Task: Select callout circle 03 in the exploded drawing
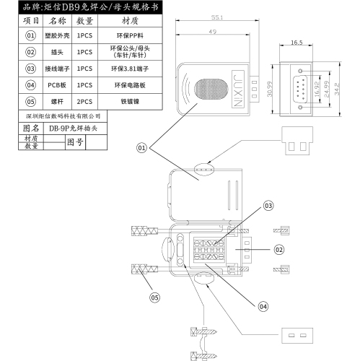268,206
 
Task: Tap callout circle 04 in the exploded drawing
263,306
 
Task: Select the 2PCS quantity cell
84,101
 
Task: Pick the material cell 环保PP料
130,35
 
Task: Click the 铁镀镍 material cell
130,101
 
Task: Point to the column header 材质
130,21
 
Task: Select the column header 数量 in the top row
84,21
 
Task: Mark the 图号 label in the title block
75,142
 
